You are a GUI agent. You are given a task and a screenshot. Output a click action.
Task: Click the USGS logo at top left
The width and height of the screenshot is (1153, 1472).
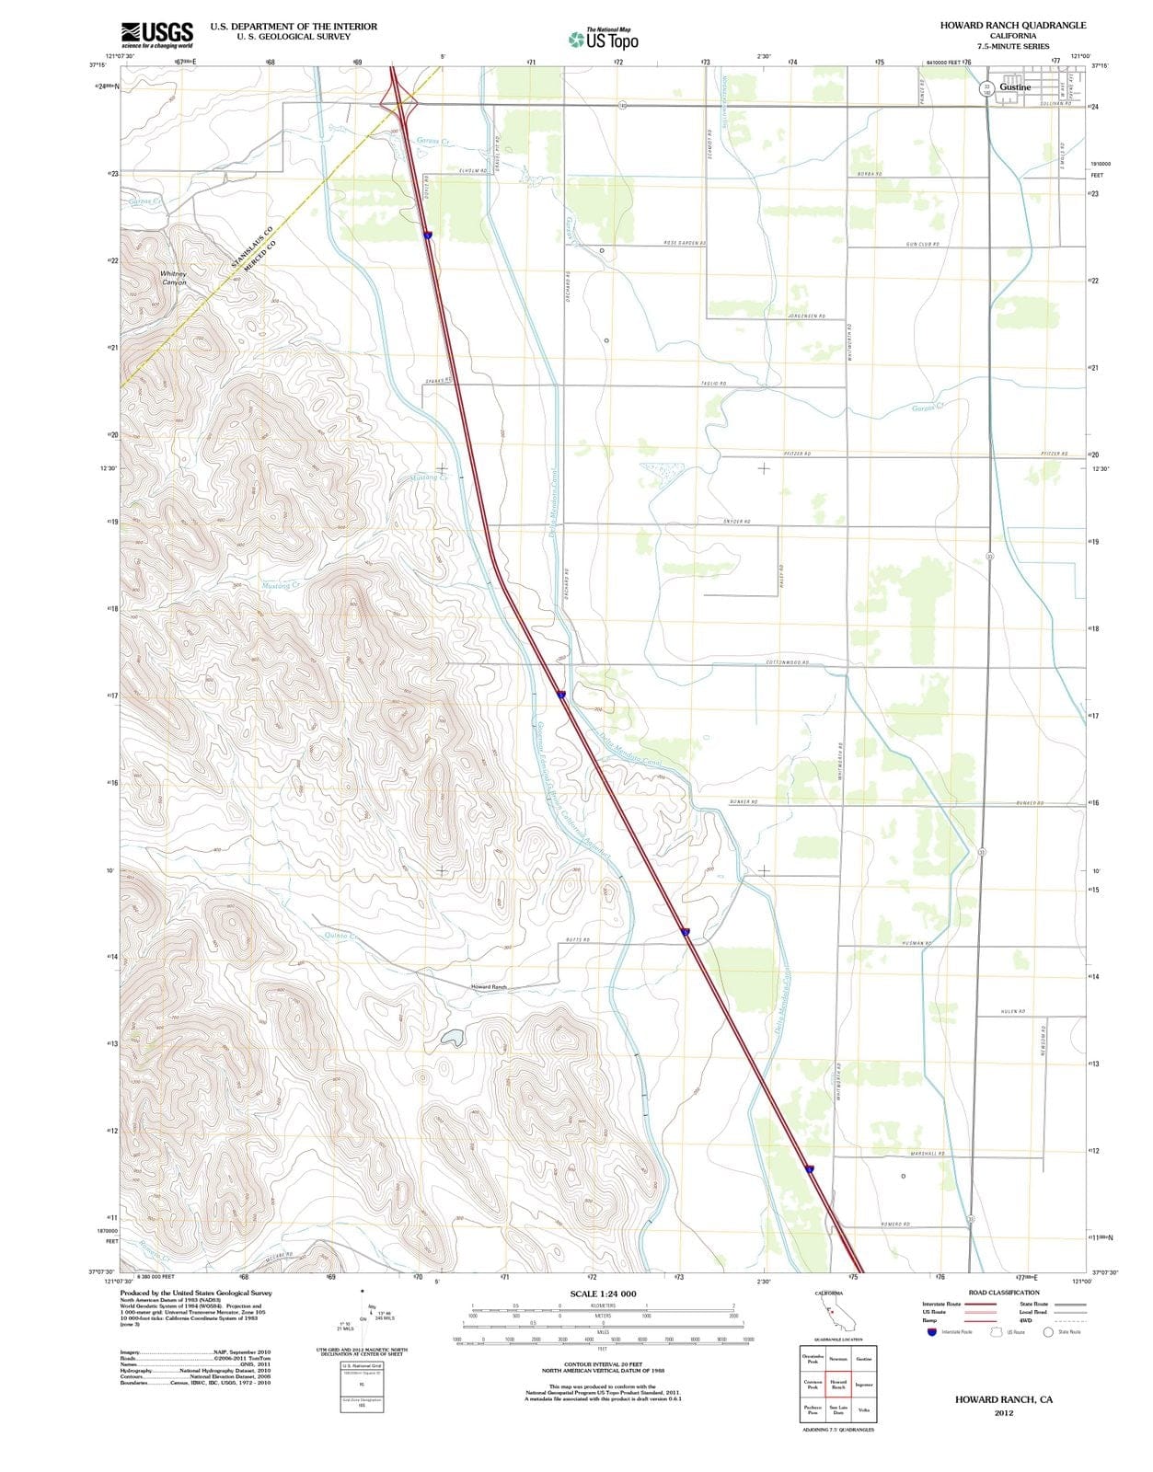pos(156,34)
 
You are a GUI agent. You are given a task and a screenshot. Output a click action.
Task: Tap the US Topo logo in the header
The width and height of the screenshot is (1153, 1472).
pos(604,39)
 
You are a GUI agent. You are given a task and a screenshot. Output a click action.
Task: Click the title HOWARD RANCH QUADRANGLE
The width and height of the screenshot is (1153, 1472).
pos(1012,25)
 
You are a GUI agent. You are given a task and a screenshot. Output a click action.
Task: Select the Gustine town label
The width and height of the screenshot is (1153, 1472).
pos(1015,87)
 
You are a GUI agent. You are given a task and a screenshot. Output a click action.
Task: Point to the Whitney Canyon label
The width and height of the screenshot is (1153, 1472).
pos(173,278)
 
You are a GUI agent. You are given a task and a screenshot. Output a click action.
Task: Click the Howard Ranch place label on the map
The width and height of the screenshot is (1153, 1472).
pos(489,987)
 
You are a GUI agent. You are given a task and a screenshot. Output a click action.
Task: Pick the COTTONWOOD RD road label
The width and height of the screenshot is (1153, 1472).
pos(787,662)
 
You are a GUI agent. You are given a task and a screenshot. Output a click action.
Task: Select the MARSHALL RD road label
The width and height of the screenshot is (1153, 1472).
pos(928,1154)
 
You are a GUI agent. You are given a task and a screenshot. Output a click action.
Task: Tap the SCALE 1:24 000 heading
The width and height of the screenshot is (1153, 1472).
pos(603,1294)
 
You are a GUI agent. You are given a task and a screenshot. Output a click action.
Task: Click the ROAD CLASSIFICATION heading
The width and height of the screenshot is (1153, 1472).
pos(1004,1293)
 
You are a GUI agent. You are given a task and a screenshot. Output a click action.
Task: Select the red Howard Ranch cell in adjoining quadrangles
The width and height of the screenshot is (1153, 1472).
pos(838,1384)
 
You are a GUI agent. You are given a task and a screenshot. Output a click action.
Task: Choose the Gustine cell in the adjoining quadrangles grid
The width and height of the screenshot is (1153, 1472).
pos(864,1359)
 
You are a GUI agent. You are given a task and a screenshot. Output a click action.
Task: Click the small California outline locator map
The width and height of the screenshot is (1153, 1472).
pos(835,1316)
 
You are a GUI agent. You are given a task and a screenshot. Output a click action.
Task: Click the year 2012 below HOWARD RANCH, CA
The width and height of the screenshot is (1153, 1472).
pos(1003,1413)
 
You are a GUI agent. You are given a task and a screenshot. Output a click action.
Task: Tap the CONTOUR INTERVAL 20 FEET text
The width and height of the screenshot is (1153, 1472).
pos(602,1365)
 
